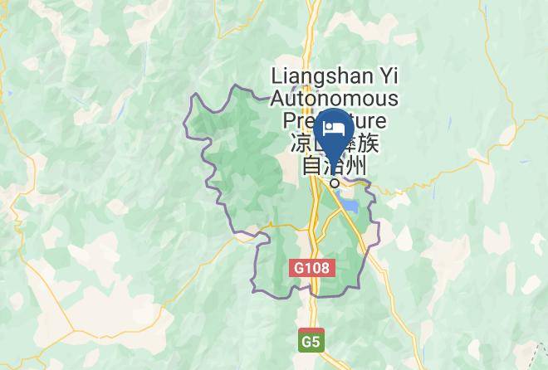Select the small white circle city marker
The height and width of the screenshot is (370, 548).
click(x=335, y=183)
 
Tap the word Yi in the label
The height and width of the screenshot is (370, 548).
click(x=390, y=77)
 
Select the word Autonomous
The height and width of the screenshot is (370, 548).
click(x=335, y=100)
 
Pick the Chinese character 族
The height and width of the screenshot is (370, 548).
click(x=369, y=144)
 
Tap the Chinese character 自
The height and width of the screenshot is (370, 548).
click(x=311, y=167)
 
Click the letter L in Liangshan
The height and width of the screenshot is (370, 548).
click(x=276, y=77)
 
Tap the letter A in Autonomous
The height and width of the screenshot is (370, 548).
click(x=278, y=100)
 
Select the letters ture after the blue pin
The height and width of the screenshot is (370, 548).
click(x=374, y=122)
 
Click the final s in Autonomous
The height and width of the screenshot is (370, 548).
click(x=394, y=100)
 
